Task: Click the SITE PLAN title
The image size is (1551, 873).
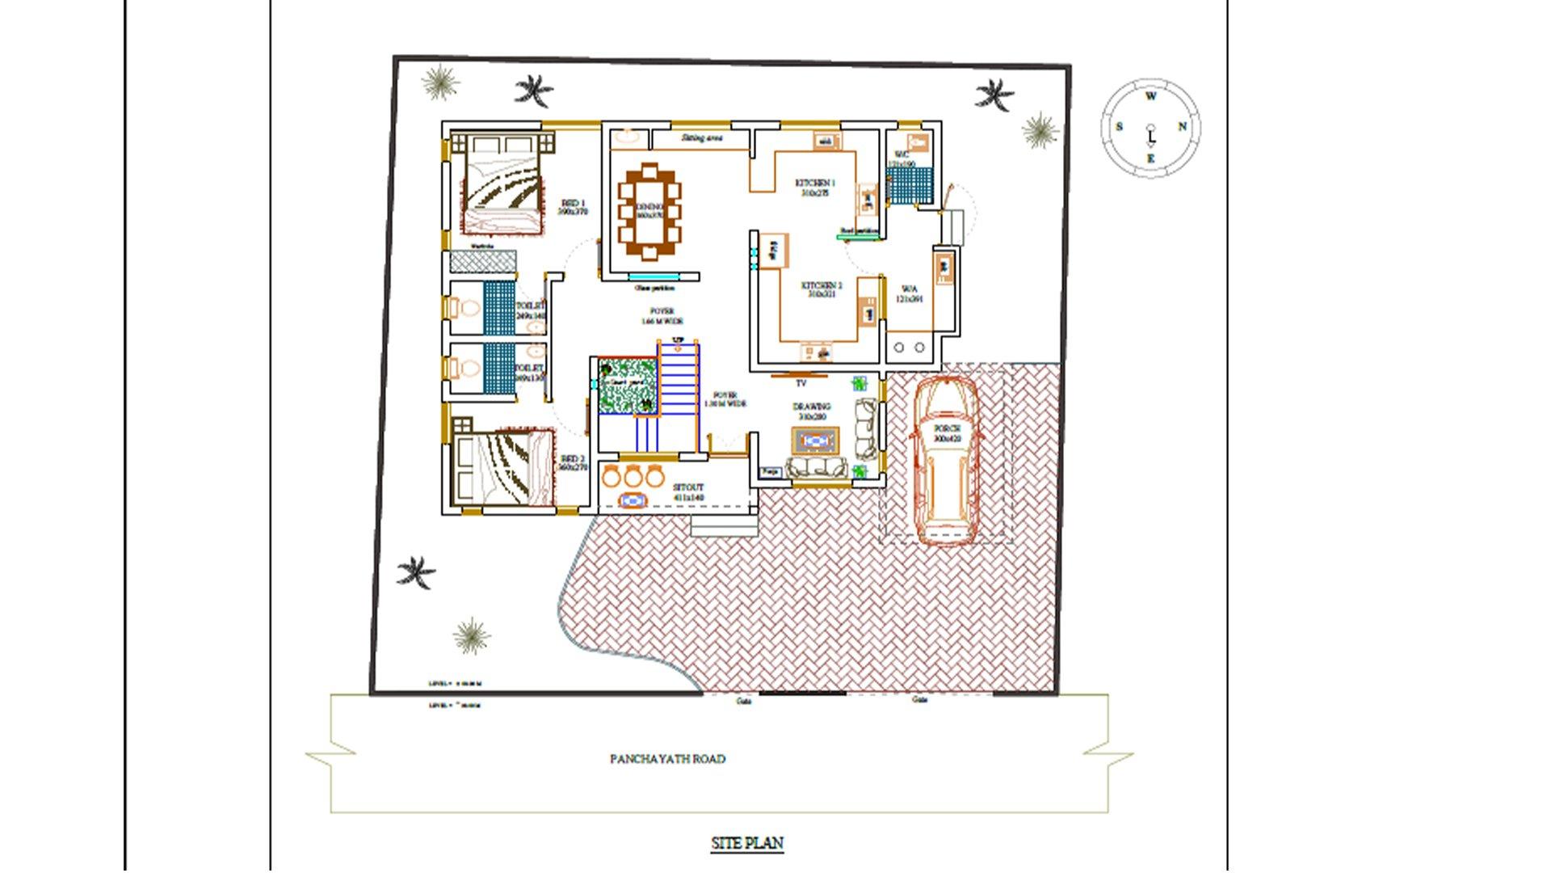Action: pyautogui.click(x=746, y=843)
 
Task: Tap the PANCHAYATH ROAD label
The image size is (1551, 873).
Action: pyautogui.click(x=667, y=759)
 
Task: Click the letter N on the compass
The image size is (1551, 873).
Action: pyautogui.click(x=1182, y=127)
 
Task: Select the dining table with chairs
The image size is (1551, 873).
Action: pyautogui.click(x=649, y=212)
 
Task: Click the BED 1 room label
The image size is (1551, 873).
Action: pyautogui.click(x=573, y=207)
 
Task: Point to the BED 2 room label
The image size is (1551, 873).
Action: pyautogui.click(x=573, y=462)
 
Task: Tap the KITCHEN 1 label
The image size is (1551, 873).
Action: pyautogui.click(x=815, y=188)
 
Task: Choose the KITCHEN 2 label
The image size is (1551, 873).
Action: pyautogui.click(x=821, y=289)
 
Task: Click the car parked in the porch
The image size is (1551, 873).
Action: pyautogui.click(x=946, y=461)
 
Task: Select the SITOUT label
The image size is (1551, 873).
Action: pyautogui.click(x=688, y=492)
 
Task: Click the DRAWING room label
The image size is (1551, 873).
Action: pyautogui.click(x=812, y=411)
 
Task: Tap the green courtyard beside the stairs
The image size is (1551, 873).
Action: pyautogui.click(x=627, y=386)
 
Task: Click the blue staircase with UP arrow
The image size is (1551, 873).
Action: pyautogui.click(x=678, y=392)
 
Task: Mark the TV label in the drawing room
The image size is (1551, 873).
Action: pyautogui.click(x=801, y=383)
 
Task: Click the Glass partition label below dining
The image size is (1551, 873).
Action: pyautogui.click(x=654, y=288)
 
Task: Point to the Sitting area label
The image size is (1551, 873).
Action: pyautogui.click(x=701, y=138)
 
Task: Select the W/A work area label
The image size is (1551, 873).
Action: pyautogui.click(x=909, y=293)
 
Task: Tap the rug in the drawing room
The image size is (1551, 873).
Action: pyautogui.click(x=815, y=441)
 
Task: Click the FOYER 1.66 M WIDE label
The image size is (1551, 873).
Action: pyautogui.click(x=662, y=316)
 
